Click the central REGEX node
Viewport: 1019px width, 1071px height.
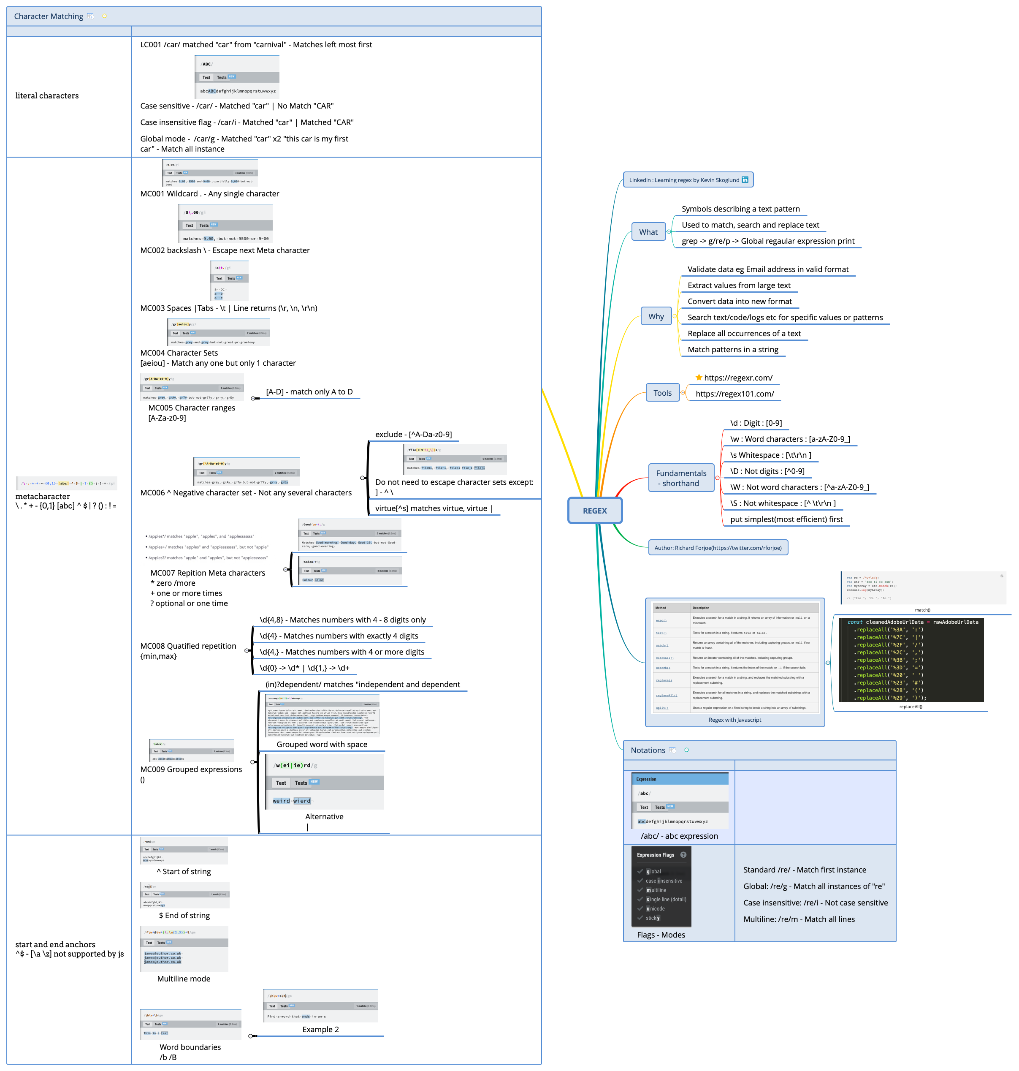click(595, 511)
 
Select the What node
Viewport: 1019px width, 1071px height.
click(648, 232)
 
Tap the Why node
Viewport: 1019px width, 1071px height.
click(656, 316)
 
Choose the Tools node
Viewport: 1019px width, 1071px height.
click(662, 393)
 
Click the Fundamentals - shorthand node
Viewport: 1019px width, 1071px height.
click(681, 478)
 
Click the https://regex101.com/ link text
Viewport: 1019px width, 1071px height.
click(734, 394)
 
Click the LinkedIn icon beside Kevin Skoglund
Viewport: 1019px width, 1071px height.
click(745, 180)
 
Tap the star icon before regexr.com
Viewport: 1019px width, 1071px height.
click(699, 377)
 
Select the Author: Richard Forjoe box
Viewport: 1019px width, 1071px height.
click(718, 548)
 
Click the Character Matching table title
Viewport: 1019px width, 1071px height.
click(49, 16)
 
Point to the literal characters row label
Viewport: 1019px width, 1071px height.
click(47, 95)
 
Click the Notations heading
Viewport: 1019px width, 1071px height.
click(648, 750)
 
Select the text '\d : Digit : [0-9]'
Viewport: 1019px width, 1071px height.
click(756, 423)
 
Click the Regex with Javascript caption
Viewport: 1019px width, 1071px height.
click(734, 720)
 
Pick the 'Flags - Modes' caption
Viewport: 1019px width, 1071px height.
click(661, 935)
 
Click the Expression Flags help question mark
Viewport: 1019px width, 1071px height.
click(683, 855)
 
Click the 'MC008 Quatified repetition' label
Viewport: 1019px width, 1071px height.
click(188, 646)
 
